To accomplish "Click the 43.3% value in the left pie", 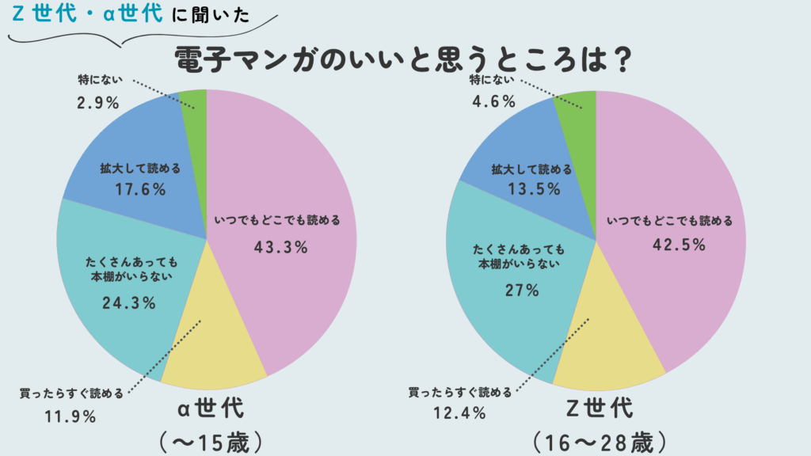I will coord(280,247).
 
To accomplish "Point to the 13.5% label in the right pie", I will coord(535,189).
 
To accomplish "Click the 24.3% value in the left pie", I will coord(129,302).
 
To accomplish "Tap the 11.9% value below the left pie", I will coord(70,416).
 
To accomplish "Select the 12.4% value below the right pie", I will coord(459,412).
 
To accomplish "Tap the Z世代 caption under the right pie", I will coord(601,408).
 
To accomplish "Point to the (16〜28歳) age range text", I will coord(600,439).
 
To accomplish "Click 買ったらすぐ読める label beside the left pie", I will coord(71,393).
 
